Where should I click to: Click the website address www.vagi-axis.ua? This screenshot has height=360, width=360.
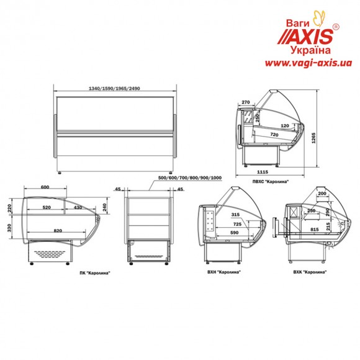[x=308, y=63]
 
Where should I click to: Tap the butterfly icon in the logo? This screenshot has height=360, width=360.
[x=320, y=18]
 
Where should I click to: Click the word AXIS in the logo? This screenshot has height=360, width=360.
[x=310, y=36]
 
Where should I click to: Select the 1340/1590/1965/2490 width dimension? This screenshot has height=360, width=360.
[x=114, y=88]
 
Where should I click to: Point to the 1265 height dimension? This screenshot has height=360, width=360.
[x=313, y=138]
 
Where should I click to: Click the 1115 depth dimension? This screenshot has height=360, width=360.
[x=263, y=172]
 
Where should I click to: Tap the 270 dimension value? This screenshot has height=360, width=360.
[x=246, y=102]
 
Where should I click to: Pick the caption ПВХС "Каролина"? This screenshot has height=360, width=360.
[x=271, y=181]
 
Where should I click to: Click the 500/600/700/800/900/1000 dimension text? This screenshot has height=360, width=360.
[x=190, y=178]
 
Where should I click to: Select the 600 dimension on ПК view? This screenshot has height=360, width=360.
[x=45, y=187]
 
